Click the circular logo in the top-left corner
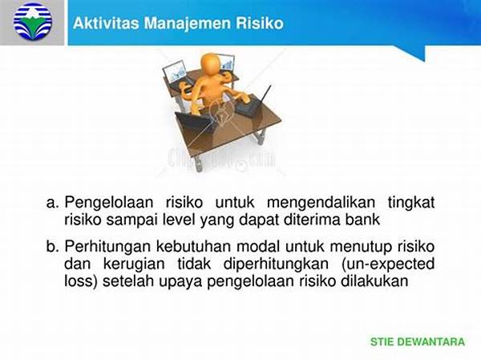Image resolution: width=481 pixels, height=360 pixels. tap(33, 21)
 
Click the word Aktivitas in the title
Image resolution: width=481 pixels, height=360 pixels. tap(106, 23)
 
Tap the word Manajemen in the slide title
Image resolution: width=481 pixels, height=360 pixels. tap(188, 23)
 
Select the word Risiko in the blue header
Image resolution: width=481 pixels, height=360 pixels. tap(259, 23)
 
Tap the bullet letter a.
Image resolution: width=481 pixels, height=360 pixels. tap(52, 203)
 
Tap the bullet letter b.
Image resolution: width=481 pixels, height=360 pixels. tap(52, 246)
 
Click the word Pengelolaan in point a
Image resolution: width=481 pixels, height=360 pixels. tap(109, 203)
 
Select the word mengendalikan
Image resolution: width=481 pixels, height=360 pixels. tap(321, 203)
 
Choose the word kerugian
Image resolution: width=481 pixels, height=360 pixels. tap(134, 265)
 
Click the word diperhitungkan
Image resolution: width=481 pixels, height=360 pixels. tap(276, 265)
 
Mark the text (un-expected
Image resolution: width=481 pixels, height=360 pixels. tap(388, 265)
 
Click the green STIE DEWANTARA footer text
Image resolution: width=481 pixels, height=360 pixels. tap(418, 342)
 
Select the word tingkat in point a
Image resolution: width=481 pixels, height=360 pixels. tap(411, 203)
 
